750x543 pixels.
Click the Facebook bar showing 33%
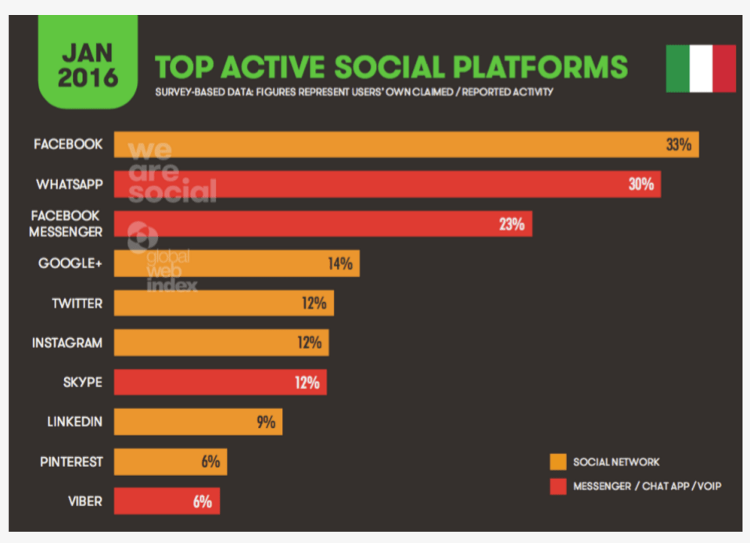407,145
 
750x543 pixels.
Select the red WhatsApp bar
387,185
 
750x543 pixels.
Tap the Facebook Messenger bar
323,224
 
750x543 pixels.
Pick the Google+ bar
236,264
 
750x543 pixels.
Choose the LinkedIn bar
198,422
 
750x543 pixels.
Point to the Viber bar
167,501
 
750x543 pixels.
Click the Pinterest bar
170,462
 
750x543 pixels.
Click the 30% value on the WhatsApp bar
641,185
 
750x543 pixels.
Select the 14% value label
340,264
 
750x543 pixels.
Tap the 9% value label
266,423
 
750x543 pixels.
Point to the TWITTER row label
77,303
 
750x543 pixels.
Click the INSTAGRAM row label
67,343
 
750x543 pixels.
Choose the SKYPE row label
82,383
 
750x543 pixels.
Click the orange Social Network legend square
558,462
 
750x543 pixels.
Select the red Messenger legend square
558,487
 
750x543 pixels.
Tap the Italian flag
701,69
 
